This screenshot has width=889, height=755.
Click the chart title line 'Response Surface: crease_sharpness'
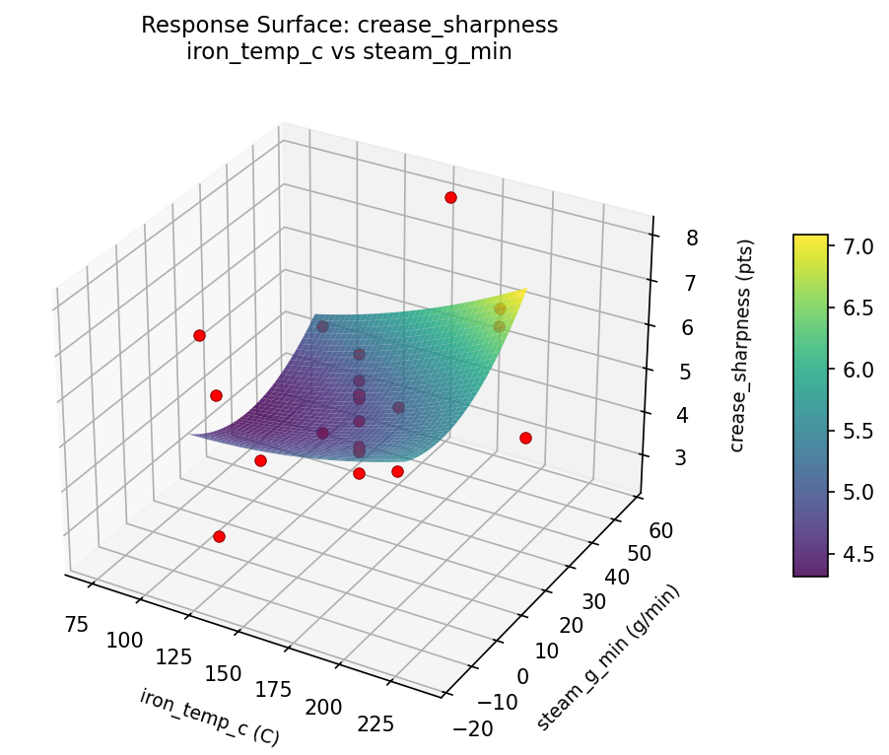point(349,26)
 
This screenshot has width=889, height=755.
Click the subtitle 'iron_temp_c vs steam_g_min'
point(349,52)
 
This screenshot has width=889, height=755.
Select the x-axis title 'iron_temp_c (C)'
point(209,717)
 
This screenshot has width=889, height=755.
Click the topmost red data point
point(450,198)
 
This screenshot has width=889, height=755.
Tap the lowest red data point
point(219,537)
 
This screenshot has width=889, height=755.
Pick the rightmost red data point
point(525,438)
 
